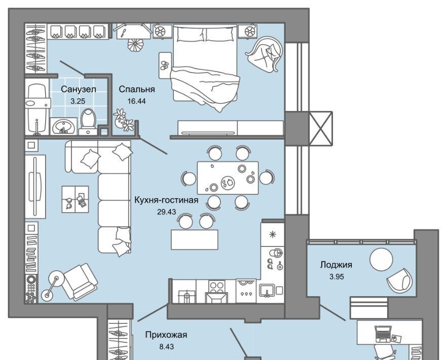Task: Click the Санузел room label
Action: click(79, 89)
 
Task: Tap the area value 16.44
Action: click(136, 101)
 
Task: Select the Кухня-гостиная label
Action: click(166, 200)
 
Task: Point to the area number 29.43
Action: click(166, 212)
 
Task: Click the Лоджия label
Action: click(336, 265)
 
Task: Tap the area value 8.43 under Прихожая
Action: click(166, 347)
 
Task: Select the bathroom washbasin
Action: click(63, 126)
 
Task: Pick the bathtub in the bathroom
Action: click(38, 109)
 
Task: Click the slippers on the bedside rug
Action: click(165, 65)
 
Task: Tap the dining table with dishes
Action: click(228, 178)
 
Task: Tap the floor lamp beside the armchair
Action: click(52, 286)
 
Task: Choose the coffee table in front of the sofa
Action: click(75, 199)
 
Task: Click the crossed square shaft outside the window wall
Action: click(321, 129)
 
